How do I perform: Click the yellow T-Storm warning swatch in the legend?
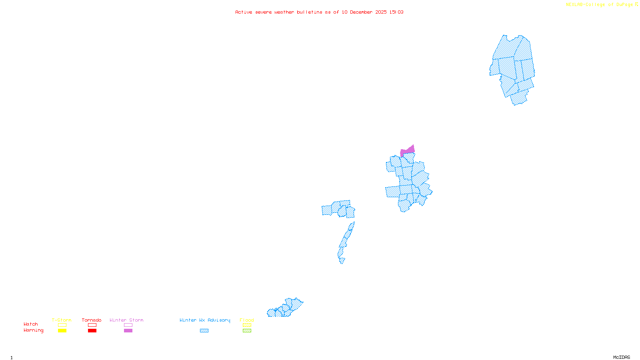tap(62, 331)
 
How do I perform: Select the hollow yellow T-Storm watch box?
tap(62, 325)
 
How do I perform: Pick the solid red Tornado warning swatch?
tap(92, 331)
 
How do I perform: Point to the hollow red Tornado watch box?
tap(92, 325)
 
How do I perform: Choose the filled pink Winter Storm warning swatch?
tap(128, 331)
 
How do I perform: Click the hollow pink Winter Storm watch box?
tap(128, 325)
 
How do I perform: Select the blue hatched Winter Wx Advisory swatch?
tap(204, 331)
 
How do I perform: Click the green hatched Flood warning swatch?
tap(247, 331)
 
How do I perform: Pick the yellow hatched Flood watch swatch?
tap(247, 325)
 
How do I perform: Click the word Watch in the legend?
tap(31, 324)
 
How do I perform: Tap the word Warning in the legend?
tap(33, 330)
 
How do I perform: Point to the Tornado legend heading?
tap(92, 320)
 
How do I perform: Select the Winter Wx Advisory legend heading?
tap(205, 320)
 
